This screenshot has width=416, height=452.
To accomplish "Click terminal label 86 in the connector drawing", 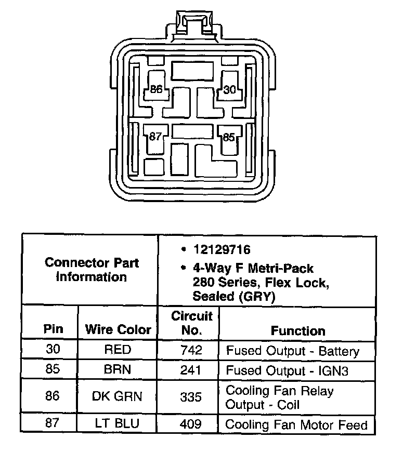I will tap(156, 89).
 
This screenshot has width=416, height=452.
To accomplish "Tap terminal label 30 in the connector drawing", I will tap(230, 89).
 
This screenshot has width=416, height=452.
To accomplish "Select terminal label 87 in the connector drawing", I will tap(155, 137).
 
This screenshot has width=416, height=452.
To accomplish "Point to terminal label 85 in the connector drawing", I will tap(229, 138).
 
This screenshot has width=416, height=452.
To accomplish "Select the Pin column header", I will tap(53, 329).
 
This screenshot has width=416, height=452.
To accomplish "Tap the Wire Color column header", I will tap(118, 329).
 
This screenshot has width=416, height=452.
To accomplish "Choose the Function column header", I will tap(298, 330).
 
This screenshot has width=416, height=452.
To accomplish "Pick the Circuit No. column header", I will tap(192, 323).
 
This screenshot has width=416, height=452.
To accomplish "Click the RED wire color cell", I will tap(118, 350).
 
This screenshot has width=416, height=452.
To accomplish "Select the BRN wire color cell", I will tap(118, 370).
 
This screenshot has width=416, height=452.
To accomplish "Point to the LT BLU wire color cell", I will tap(118, 423).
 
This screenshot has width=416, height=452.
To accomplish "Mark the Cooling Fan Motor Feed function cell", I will tap(296, 424).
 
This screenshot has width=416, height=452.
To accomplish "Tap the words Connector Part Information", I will tap(92, 270).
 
